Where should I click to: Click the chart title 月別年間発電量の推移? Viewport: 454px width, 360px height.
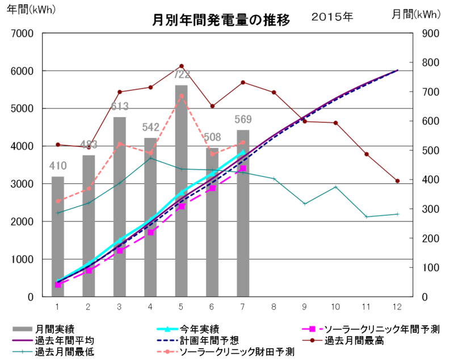222,20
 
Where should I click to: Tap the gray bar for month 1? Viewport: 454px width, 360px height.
58,238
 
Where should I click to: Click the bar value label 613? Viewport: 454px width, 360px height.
119,106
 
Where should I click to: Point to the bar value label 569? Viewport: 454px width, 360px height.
242,119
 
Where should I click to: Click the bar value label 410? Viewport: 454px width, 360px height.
58,166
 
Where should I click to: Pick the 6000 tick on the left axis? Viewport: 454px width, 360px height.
26,71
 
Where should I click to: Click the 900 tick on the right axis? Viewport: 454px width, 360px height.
430,34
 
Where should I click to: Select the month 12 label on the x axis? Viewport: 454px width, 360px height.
397,307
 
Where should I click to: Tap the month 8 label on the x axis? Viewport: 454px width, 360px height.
274,307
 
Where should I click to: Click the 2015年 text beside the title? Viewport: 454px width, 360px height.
332,16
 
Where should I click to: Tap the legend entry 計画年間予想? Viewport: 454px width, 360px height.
209,341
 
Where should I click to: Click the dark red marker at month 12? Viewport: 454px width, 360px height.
397,181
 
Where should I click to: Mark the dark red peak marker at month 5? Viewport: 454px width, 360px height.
181,66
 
